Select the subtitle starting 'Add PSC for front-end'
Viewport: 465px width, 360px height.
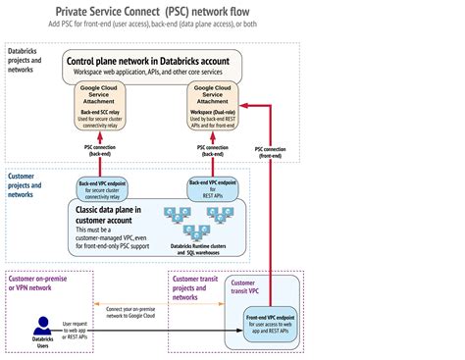[x=232, y=24]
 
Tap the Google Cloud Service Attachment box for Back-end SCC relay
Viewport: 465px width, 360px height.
[x=102, y=107]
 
